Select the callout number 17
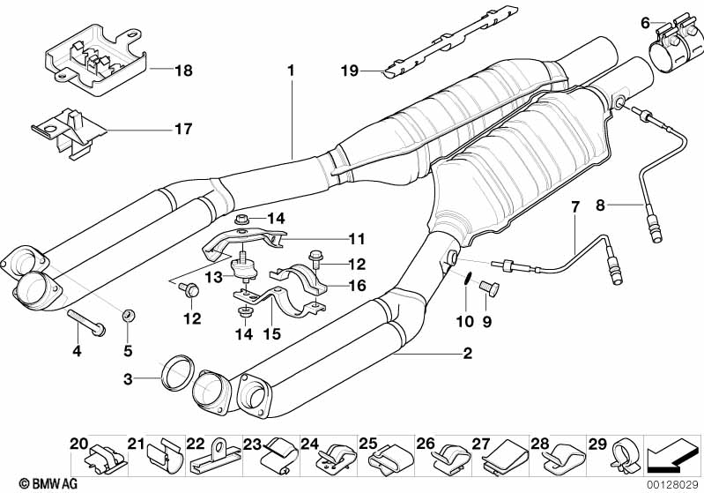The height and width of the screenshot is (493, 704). (x=182, y=129)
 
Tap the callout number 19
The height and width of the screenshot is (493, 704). (x=351, y=71)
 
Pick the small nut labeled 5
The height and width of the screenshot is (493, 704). (x=129, y=314)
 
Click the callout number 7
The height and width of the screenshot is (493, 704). (x=575, y=208)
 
